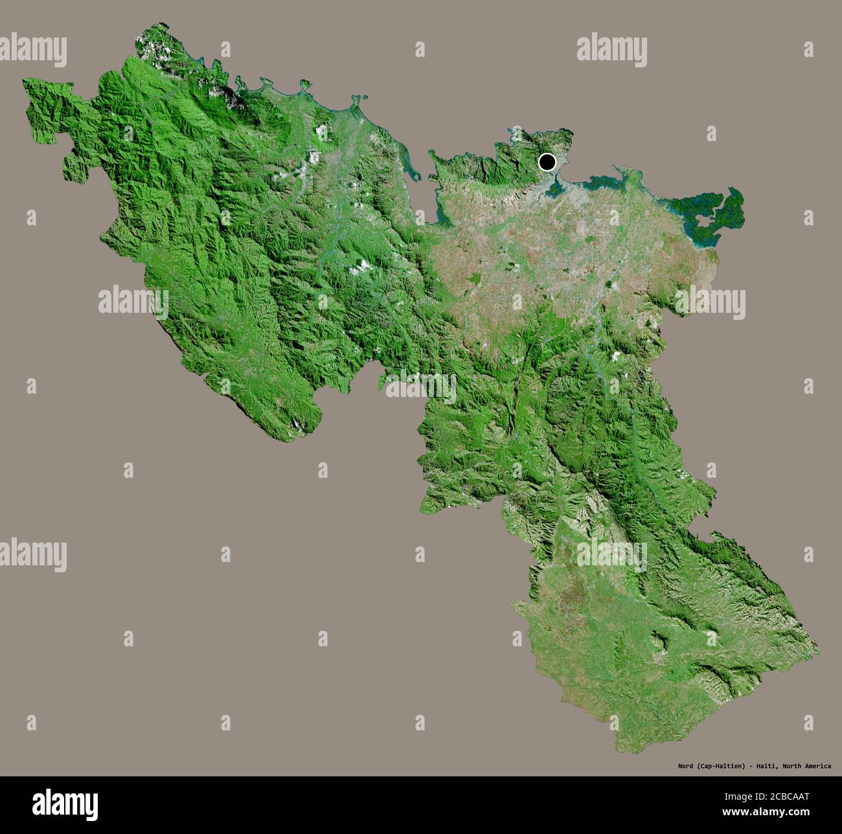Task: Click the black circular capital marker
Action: click(x=547, y=162)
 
